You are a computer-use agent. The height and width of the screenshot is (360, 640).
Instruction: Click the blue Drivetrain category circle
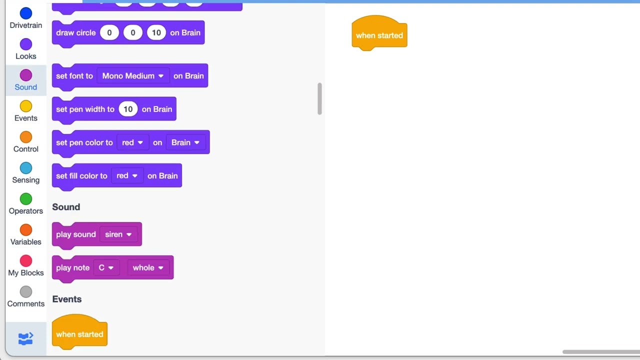25,13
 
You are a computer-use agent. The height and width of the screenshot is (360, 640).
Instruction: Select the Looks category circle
25,44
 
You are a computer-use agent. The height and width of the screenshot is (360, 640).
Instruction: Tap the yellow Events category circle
25,106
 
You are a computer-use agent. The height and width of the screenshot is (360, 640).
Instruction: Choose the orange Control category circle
25,137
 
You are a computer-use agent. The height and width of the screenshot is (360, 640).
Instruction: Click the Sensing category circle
25,168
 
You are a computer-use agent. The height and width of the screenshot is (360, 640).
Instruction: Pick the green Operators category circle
25,199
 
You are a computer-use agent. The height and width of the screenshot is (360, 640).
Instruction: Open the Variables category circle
25,230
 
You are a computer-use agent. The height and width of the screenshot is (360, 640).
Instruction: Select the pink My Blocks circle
25,261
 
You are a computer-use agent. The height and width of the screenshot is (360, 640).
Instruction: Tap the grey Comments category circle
25,291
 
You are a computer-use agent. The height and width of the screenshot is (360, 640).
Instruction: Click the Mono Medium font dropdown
133,75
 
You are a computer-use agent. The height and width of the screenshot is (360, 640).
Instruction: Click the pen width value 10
128,109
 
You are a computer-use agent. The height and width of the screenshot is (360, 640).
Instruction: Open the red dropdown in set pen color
132,142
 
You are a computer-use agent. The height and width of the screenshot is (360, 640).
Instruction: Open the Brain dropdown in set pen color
185,142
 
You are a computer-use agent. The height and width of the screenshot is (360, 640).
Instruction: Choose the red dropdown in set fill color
127,175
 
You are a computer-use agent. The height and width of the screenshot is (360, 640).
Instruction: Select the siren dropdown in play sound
118,234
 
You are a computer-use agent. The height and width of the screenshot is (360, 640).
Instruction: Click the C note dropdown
106,267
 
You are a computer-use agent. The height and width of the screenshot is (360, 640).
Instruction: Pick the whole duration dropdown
148,267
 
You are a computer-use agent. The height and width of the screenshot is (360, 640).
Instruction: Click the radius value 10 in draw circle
156,32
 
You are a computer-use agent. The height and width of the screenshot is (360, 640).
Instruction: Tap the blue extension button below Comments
25,338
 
